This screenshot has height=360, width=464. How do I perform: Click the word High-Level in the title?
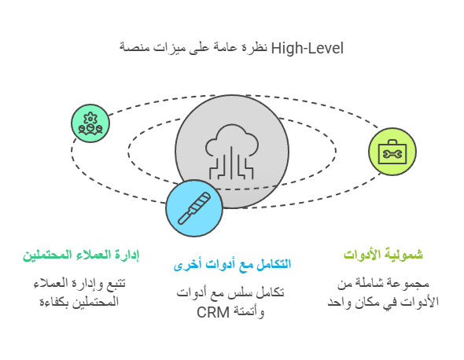[307, 48]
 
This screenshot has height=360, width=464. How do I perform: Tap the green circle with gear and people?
[90, 123]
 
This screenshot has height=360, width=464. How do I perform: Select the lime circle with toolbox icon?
[392, 152]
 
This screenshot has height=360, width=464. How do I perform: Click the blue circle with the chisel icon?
[194, 208]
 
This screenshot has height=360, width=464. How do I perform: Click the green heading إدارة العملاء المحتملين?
[81, 255]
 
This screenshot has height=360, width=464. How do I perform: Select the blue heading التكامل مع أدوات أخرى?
[232, 264]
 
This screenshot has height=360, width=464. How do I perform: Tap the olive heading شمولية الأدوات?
[383, 255]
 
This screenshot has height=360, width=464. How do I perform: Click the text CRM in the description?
[213, 312]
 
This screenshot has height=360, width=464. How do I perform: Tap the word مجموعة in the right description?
[413, 284]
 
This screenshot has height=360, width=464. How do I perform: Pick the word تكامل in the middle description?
[271, 293]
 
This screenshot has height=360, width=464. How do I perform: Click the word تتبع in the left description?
[116, 284]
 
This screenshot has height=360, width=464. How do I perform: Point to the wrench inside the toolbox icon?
[392, 154]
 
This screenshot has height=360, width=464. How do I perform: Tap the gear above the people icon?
[90, 119]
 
